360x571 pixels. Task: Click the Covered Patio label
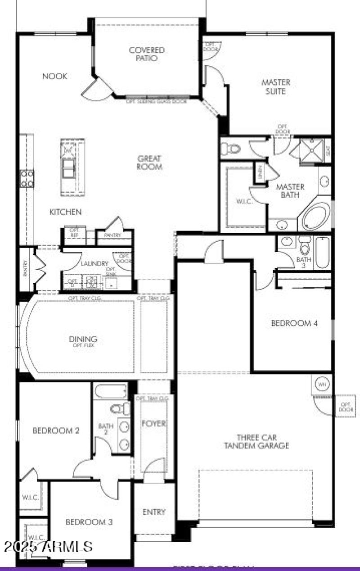pos(147,54)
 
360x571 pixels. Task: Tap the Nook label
pos(55,77)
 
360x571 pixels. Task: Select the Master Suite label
pos(276,87)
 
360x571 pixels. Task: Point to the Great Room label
pos(149,163)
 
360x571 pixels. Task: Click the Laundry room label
pos(94,263)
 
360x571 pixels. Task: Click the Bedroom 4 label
pos(294,323)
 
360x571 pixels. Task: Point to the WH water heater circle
pos(322,385)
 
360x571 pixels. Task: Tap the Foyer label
pos(154,424)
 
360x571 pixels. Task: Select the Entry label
pos(154,512)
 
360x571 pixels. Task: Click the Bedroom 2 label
pos(56,431)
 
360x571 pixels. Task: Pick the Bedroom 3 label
pos(89,522)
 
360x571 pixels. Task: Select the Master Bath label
pos(290,190)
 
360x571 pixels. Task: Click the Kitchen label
pos(66,212)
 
